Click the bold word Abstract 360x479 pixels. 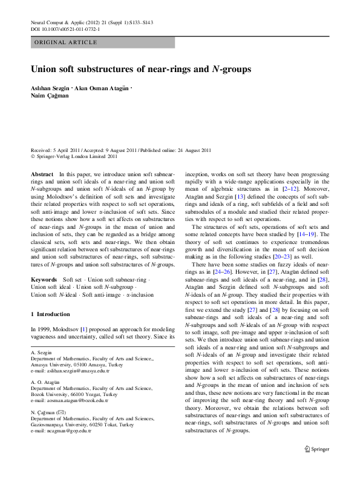(x=42, y=174)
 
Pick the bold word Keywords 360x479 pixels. (x=44, y=279)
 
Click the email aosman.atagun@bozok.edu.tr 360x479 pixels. (x=70, y=400)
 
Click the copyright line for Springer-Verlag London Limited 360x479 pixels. (x=74, y=156)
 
